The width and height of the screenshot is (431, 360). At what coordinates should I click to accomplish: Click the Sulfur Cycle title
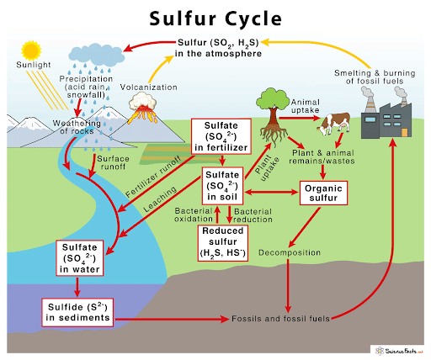215,18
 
